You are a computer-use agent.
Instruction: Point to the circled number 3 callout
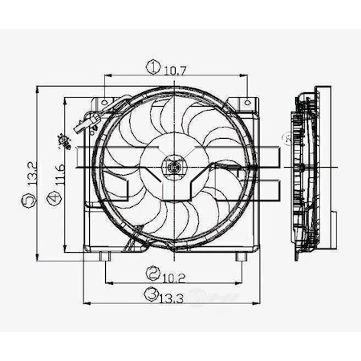[150, 296]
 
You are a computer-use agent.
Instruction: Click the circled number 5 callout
[30, 205]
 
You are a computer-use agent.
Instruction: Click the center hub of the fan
[172, 167]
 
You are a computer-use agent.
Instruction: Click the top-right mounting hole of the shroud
[245, 104]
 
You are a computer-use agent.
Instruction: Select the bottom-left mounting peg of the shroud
[107, 256]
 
